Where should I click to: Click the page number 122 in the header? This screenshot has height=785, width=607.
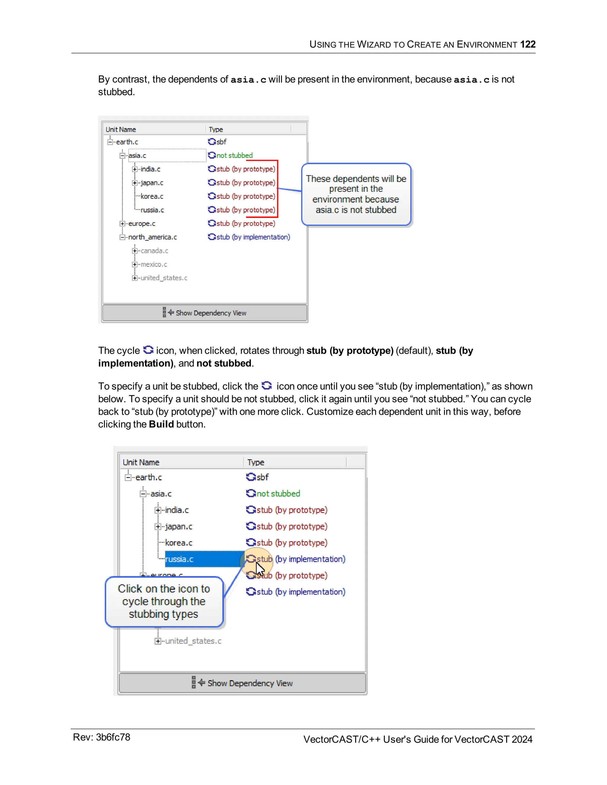[x=528, y=44]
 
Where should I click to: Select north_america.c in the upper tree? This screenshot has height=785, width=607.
[x=152, y=237]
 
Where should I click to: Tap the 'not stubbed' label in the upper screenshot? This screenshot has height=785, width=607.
[x=234, y=155]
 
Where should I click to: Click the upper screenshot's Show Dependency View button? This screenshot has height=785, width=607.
[x=205, y=313]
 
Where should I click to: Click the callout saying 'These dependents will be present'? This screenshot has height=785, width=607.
[x=356, y=194]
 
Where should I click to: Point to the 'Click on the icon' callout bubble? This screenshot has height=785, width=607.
[x=164, y=601]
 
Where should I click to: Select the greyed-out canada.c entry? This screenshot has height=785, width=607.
[x=154, y=251]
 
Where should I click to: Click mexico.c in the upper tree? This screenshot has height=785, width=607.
[x=154, y=265]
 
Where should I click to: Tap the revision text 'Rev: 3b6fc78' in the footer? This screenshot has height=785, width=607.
[x=101, y=737]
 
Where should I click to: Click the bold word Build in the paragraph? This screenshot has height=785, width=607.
[x=161, y=424]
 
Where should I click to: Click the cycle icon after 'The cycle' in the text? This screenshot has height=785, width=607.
[x=148, y=350]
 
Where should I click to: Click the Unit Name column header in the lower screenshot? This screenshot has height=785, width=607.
[x=141, y=462]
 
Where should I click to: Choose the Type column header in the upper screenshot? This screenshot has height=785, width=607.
[x=216, y=129]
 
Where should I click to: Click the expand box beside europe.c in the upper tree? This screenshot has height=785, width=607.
[x=122, y=224]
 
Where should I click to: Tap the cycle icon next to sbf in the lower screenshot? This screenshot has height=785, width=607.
[x=251, y=477]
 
